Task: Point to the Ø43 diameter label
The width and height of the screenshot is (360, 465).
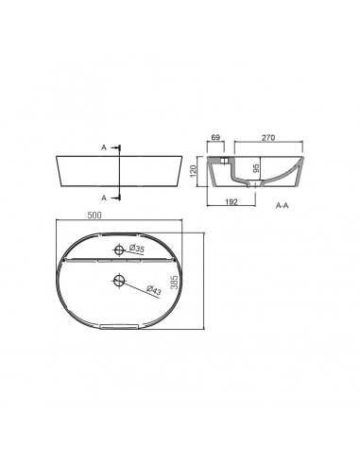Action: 153,291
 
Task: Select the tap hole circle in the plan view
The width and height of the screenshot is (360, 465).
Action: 118,250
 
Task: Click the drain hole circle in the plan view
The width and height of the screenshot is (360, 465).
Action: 118,280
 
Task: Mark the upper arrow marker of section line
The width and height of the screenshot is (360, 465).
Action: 121,148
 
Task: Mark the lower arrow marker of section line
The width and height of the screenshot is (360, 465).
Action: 121,197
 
